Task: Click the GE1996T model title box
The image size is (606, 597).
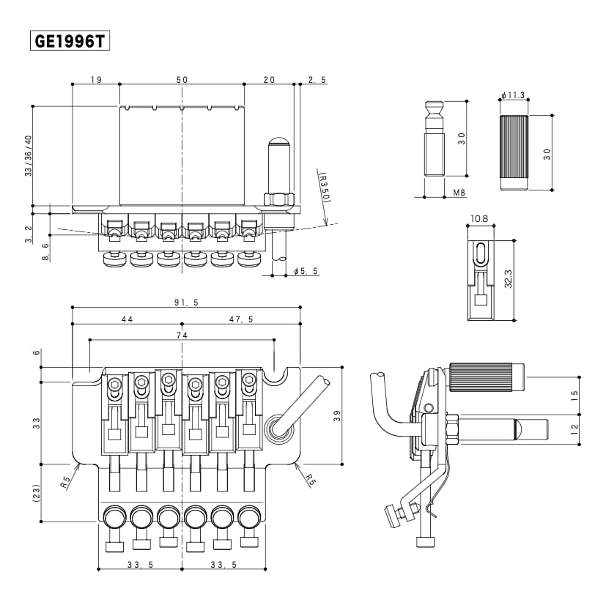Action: (70, 41)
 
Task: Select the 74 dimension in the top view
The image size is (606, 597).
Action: (180, 335)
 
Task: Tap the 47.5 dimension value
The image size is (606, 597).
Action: (241, 319)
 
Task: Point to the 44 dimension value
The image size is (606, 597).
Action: (127, 319)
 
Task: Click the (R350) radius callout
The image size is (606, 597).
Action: (323, 188)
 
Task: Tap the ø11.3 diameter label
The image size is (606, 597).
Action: (514, 95)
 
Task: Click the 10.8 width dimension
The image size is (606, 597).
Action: (480, 218)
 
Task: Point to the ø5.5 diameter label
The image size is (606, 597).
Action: (306, 271)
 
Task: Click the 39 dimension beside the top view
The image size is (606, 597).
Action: (337, 415)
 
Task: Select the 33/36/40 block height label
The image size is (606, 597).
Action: (29, 156)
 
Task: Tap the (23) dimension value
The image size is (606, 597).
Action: (35, 493)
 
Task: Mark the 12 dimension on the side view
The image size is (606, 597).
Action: (574, 428)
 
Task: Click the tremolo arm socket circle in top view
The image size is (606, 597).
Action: (278, 427)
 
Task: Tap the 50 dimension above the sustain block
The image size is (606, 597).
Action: (181, 79)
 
